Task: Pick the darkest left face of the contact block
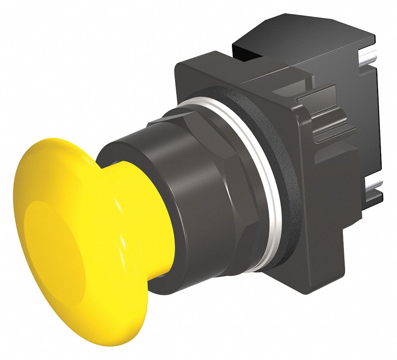[x=247, y=53]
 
